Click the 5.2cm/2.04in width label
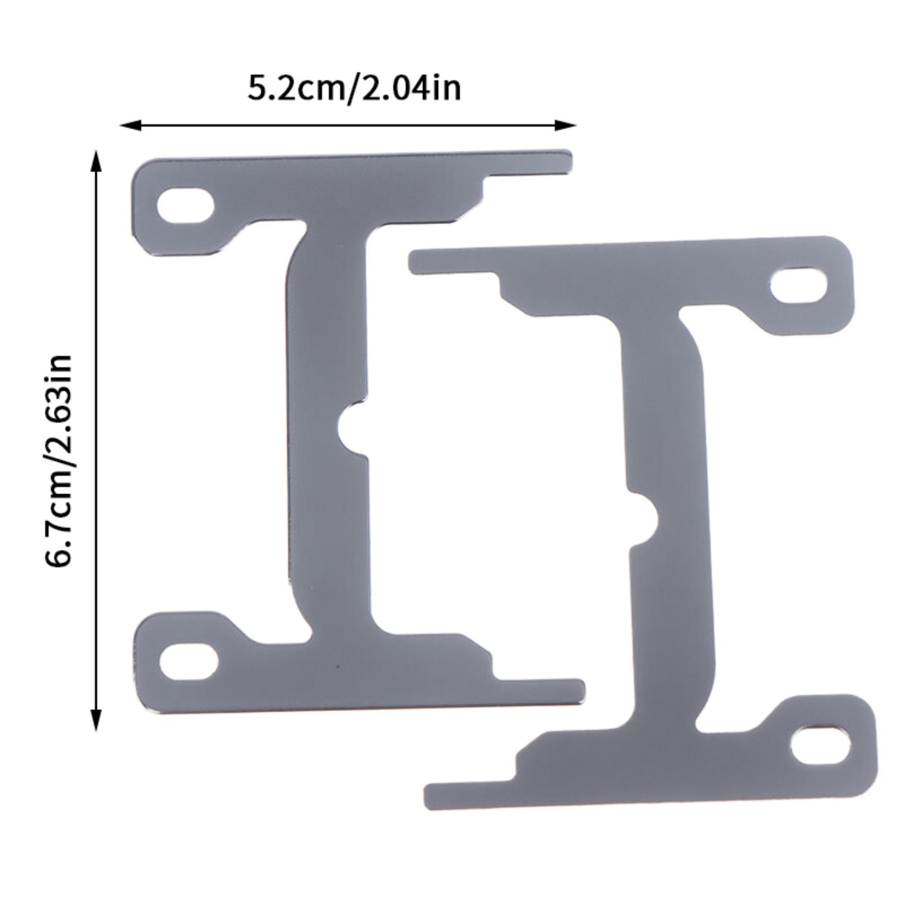[354, 89]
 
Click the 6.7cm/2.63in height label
[58, 460]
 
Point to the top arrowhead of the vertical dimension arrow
[97, 160]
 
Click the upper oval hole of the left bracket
[185, 205]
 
